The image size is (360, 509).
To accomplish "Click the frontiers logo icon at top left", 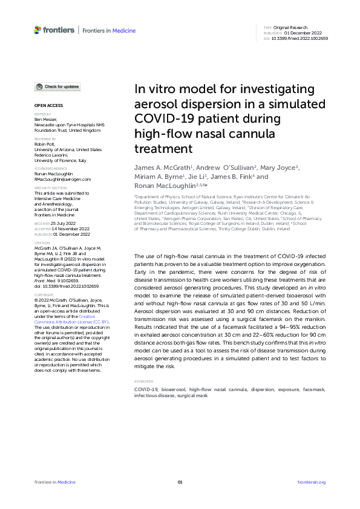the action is (x=38, y=29).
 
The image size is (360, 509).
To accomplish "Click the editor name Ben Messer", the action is (x=45, y=120).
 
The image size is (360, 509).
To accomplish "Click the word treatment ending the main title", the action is (x=158, y=148).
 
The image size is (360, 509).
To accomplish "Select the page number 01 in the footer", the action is (x=180, y=482).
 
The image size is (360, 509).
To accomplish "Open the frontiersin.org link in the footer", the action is (x=312, y=482).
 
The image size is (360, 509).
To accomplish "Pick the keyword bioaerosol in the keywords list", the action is (x=173, y=390).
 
